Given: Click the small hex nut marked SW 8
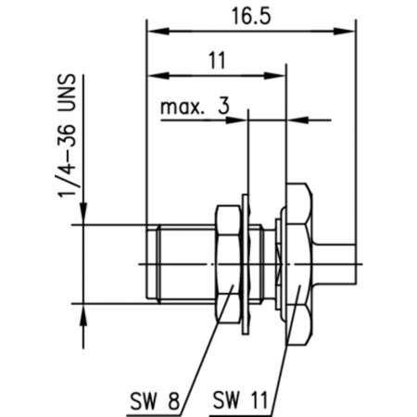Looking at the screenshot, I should point(225,265).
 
